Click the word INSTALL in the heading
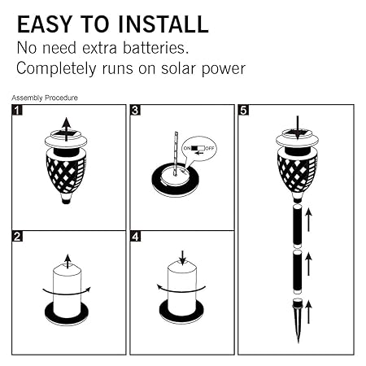tap(163, 24)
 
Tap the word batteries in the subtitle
tap(155, 48)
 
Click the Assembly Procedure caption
tap(45, 98)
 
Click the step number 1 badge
tap(17, 111)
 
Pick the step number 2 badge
tap(17, 237)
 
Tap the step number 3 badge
tap(135, 111)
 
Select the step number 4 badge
tap(135, 237)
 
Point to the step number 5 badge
tap(243, 111)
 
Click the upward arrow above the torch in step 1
tap(66, 129)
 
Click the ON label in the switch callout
tap(187, 148)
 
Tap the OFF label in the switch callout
tap(210, 148)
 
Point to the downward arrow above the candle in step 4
tap(183, 258)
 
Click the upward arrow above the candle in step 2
tap(68, 261)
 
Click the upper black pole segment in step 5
tap(298, 227)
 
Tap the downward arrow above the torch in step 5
tap(298, 128)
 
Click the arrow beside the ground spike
tap(308, 312)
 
